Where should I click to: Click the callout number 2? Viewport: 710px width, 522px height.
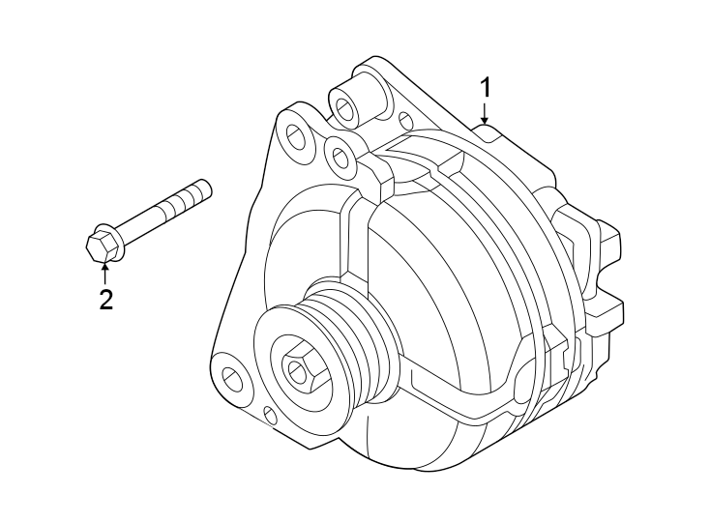point(105,299)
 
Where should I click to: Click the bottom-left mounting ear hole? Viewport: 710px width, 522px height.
point(233,378)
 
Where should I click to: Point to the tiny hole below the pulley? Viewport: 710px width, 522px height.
point(270,416)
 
